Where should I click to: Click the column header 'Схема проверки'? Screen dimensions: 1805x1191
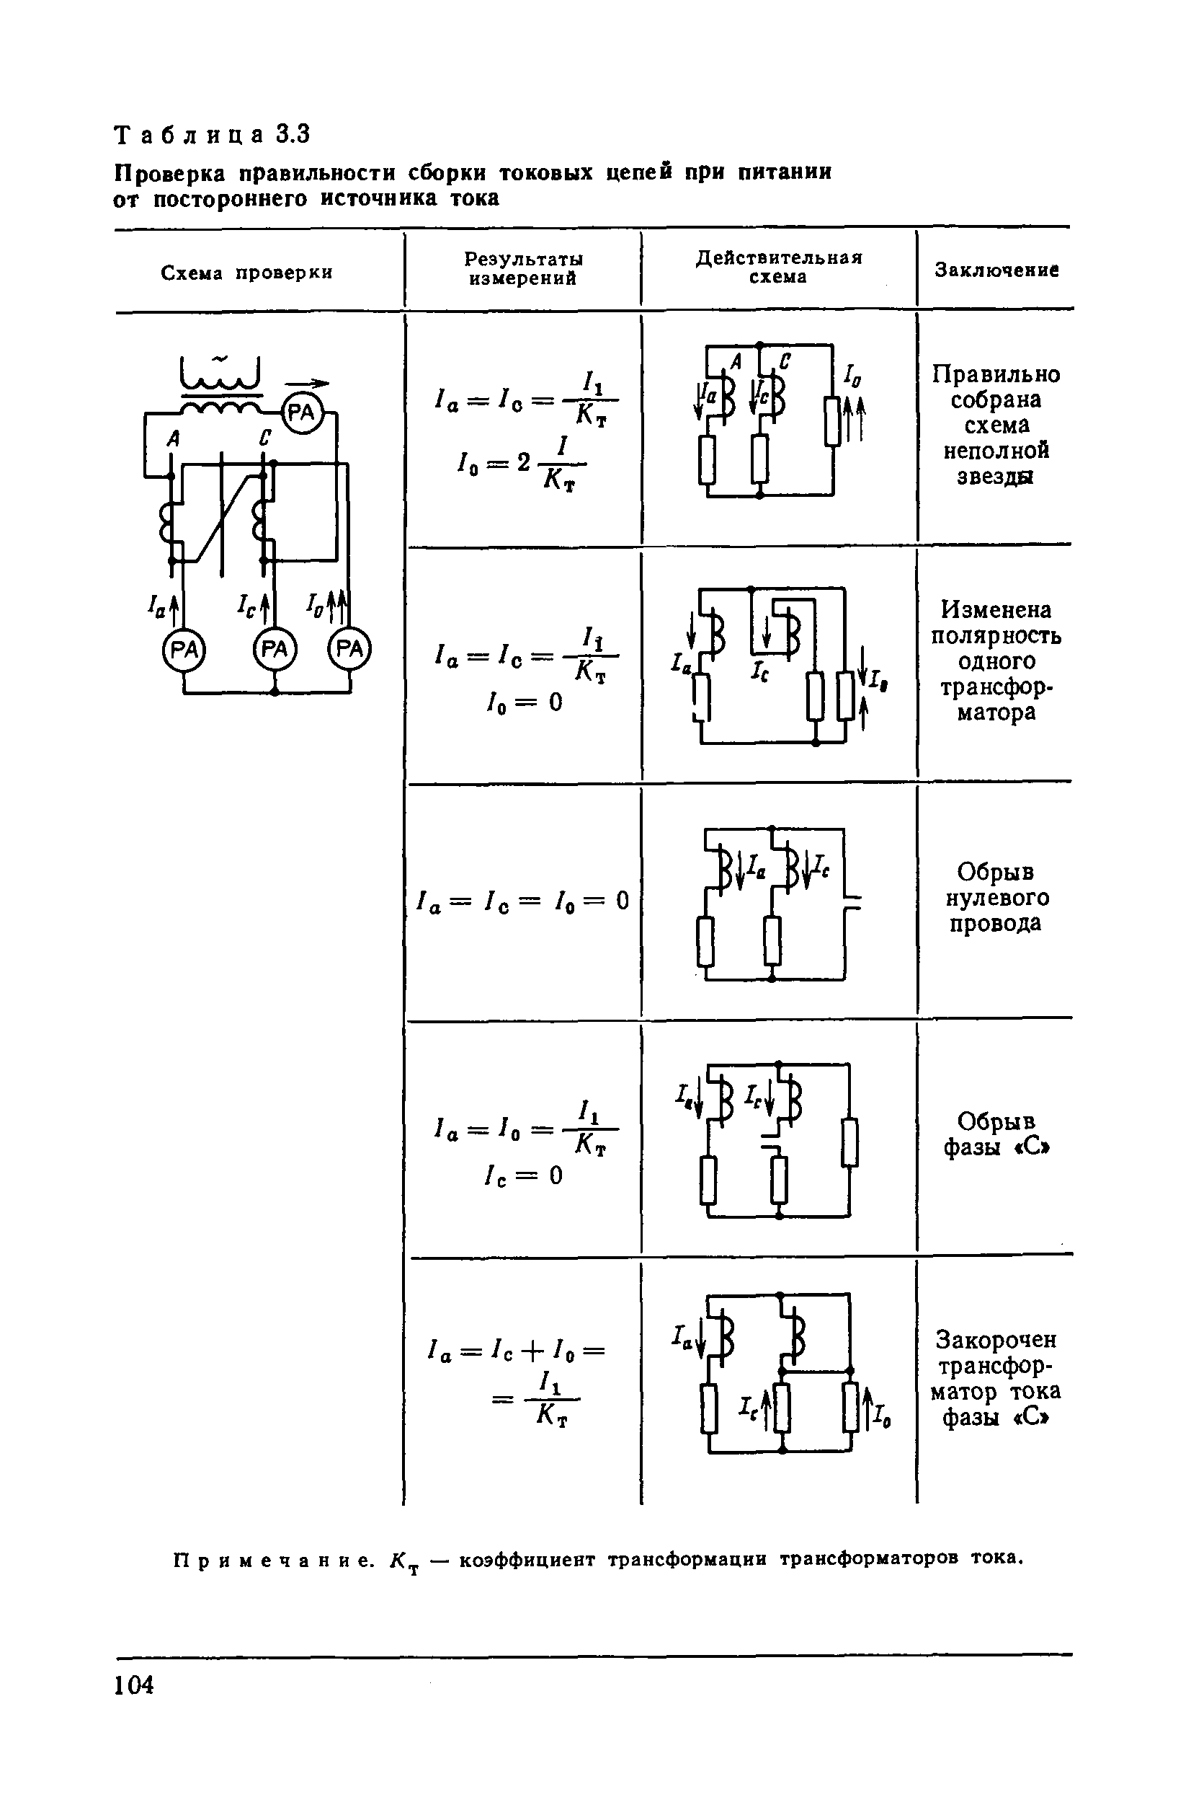247,273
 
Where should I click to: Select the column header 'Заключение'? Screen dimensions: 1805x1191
996,270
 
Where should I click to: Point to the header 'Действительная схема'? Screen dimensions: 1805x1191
780,267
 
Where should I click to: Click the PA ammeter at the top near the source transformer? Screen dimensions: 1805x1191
303,412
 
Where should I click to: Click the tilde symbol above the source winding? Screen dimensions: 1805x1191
220,358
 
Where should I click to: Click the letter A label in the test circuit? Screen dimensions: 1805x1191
174,438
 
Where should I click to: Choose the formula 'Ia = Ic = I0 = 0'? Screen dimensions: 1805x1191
523,901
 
